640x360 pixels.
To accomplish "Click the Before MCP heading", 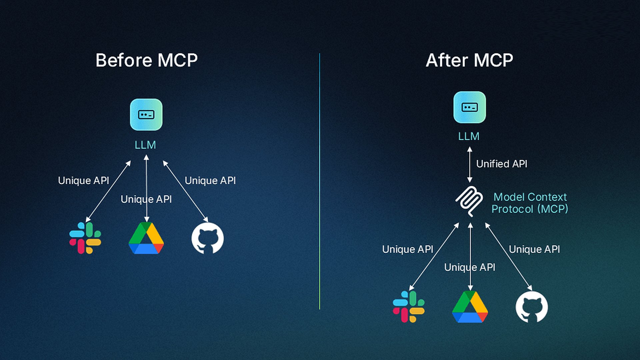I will pos(147,60).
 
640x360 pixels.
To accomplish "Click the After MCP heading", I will pos(469,60).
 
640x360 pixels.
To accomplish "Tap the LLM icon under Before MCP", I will pos(146,114).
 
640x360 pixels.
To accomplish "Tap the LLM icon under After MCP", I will pos(469,107).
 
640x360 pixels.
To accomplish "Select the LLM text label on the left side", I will pos(145,145).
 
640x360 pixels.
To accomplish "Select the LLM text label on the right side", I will pos(469,136).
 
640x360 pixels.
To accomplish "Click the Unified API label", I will pos(502,164).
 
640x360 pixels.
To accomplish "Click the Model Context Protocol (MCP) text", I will pos(530,203).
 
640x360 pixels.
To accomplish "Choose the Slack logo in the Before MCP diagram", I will pos(85,238).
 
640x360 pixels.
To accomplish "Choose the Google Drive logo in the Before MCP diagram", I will pos(146,238).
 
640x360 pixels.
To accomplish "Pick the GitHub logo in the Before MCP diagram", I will pos(207,238).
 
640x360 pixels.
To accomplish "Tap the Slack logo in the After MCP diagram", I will pos(409,307).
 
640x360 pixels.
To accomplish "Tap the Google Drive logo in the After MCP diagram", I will pos(470,307).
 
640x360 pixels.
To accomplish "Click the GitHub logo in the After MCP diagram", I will pos(532,307).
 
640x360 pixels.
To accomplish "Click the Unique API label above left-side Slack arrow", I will pos(84,180).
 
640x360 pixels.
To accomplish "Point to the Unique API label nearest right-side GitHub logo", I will pos(534,249).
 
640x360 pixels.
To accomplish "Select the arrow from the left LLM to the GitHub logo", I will pos(185,191).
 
